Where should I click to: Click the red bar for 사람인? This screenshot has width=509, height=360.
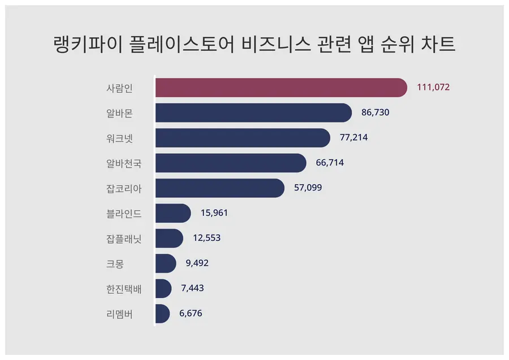(281, 88)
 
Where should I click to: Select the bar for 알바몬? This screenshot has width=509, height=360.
(253, 112)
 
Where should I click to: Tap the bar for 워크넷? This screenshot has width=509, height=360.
(242, 138)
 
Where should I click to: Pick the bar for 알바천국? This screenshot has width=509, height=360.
(230, 163)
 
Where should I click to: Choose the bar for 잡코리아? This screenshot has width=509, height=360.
(219, 188)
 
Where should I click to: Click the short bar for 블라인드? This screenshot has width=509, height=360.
(172, 213)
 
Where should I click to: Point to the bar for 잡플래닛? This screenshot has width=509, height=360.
(169, 238)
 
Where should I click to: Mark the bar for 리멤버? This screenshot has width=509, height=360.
(162, 314)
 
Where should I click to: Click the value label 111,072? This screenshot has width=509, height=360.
(433, 88)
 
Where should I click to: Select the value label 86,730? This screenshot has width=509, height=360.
(376, 112)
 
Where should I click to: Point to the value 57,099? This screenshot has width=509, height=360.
(308, 188)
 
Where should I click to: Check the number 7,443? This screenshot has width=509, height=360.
(192, 288)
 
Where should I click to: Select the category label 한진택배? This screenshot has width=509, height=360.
(124, 289)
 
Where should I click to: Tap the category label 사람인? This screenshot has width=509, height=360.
(119, 88)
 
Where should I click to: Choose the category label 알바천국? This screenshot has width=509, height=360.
(124, 163)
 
